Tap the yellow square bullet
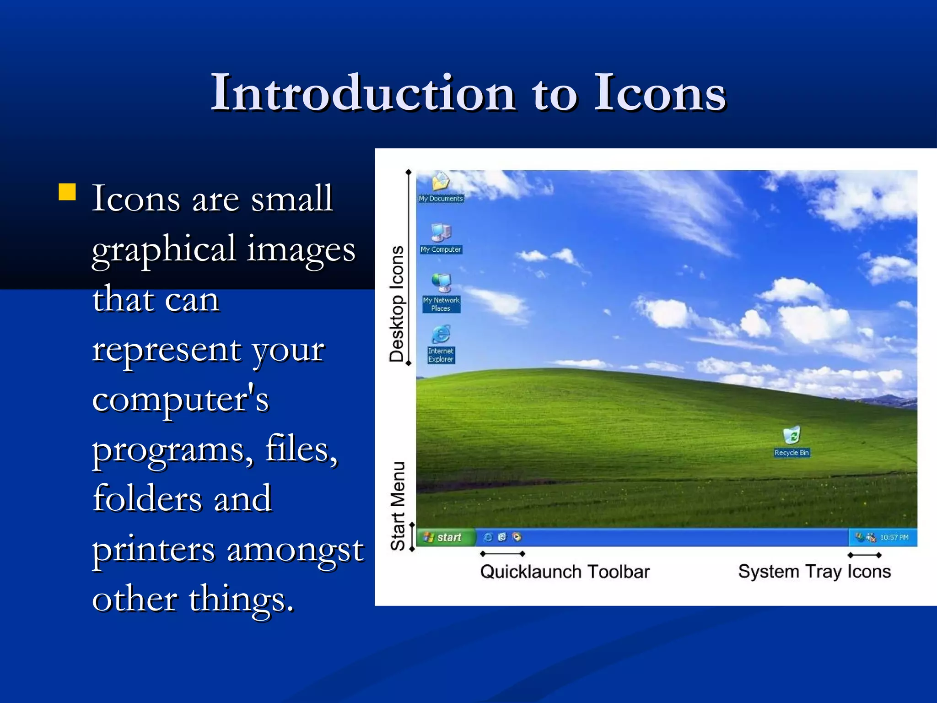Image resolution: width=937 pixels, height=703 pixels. pos(67,192)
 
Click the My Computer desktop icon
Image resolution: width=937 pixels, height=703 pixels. pos(441,233)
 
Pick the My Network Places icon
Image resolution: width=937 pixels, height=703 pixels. pos(441,284)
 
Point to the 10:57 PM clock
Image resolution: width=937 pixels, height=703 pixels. pos(894,537)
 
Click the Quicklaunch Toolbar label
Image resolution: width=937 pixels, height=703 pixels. pos(565,572)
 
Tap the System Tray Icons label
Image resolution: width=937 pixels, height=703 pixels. pos(814,572)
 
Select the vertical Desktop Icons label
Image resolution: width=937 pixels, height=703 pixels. pos(397,304)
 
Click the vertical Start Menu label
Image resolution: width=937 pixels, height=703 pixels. pos(398,506)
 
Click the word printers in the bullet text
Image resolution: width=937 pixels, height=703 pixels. pos(153,549)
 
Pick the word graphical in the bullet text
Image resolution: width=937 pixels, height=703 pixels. pos(164,249)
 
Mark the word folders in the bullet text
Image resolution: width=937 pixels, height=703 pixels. pos(147,498)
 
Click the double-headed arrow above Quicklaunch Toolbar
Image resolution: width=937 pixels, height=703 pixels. pos(502,554)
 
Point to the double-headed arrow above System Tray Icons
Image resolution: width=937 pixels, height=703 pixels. pos(864,555)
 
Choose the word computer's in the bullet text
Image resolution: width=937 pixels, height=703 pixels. pos(180,399)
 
